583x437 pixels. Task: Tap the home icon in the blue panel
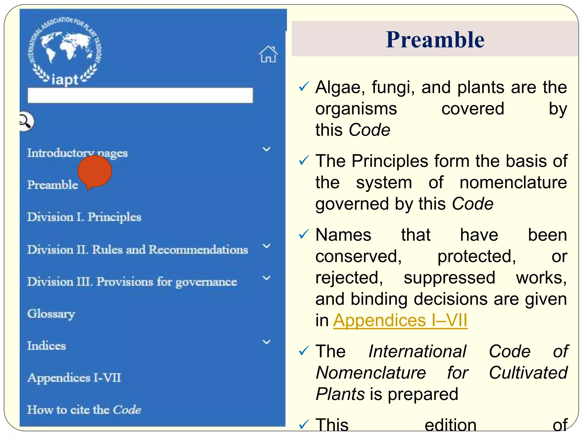[268, 54]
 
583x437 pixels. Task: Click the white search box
[140, 95]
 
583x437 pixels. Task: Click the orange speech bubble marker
[95, 172]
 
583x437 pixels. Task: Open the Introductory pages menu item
[77, 153]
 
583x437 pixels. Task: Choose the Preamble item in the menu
[52, 185]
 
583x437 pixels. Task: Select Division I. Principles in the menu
[84, 217]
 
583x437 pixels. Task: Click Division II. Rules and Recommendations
[137, 250]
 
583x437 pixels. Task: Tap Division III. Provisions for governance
[132, 282]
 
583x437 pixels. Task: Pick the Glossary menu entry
[51, 314]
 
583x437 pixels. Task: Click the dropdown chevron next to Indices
[266, 342]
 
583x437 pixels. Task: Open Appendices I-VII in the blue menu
[74, 378]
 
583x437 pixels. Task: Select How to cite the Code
[84, 410]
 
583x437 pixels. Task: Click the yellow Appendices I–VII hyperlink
[400, 320]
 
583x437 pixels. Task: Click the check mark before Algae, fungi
[304, 86]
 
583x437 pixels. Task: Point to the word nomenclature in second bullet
[513, 182]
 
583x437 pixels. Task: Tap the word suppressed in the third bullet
[449, 278]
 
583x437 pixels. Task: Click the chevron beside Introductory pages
[266, 149]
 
